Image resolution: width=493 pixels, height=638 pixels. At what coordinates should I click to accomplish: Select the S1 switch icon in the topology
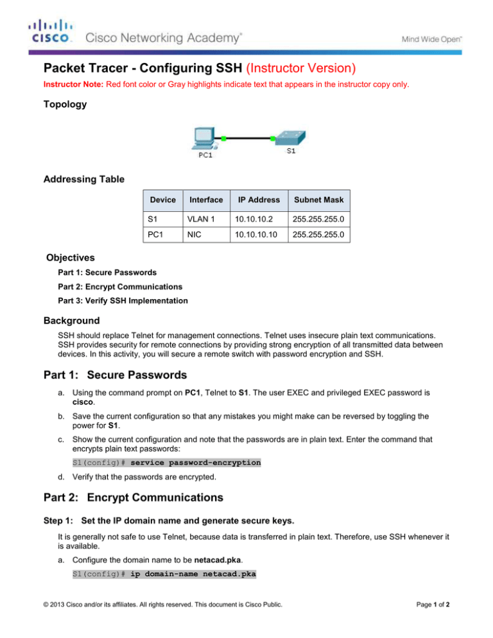click(290, 138)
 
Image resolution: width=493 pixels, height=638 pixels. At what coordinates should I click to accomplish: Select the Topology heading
click(66, 104)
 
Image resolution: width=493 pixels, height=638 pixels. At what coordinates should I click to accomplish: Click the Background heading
click(71, 320)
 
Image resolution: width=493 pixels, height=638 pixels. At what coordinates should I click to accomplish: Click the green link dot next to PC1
click(223, 138)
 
